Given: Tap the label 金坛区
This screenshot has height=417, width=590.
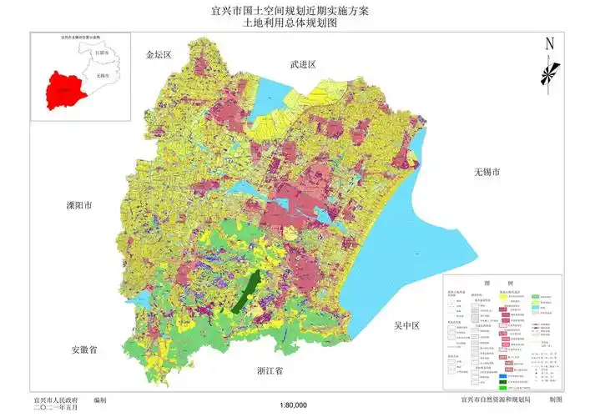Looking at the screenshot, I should pyautogui.click(x=157, y=54).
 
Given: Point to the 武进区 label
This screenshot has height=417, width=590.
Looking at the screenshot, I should pyautogui.click(x=304, y=63).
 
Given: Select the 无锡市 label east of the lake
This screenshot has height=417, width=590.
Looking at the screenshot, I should pyautogui.click(x=486, y=172).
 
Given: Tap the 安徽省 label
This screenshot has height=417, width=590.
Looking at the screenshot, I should pyautogui.click(x=84, y=350).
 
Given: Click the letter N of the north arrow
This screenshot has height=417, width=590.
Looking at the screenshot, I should pyautogui.click(x=549, y=44).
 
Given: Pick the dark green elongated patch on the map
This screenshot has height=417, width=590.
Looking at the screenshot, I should pyautogui.click(x=244, y=292).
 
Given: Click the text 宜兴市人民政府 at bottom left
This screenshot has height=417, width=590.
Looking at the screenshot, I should pyautogui.click(x=56, y=400).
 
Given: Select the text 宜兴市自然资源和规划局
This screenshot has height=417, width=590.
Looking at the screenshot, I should pyautogui.click(x=486, y=400).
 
